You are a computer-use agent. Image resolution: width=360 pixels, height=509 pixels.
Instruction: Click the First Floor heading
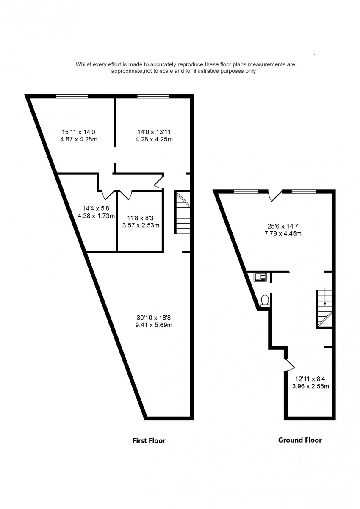tap(149, 440)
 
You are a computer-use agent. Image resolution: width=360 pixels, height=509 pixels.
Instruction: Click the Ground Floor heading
tap(299, 440)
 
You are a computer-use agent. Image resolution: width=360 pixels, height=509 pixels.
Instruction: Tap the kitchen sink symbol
tap(260, 277)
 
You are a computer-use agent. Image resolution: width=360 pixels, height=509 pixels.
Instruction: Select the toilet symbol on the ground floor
tap(265, 300)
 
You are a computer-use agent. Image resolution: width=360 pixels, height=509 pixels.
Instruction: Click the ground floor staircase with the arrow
tap(324, 309)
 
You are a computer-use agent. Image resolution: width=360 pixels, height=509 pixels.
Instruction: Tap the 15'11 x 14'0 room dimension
tap(79, 132)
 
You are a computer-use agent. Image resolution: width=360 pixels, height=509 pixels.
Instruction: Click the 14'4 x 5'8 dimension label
tap(96, 208)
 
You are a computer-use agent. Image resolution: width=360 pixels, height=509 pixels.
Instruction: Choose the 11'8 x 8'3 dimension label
tap(140, 218)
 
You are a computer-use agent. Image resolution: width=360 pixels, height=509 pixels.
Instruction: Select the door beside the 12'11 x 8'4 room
tap(289, 363)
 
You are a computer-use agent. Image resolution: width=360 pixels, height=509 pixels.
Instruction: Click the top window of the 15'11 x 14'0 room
tap(72, 97)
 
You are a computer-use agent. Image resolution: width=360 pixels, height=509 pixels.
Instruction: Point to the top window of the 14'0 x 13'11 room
tap(152, 97)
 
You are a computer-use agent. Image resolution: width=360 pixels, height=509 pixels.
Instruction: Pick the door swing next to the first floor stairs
tap(159, 182)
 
